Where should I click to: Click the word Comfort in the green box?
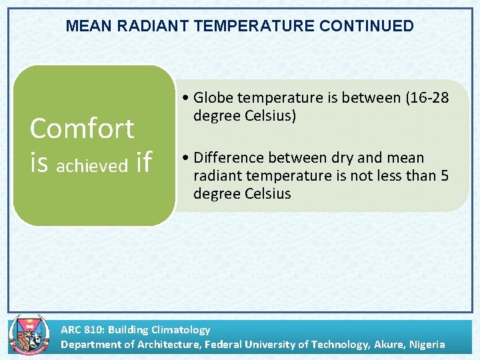tap(82, 128)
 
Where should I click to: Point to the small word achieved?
tap(93, 165)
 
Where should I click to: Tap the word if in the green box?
tap(143, 161)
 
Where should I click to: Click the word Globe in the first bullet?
tap(213, 98)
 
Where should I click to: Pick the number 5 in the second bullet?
tap(445, 175)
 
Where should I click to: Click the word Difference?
tap(228, 157)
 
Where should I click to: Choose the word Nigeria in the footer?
tap(427, 344)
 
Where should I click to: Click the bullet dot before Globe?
tap(184, 99)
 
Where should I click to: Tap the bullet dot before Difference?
tap(184, 158)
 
